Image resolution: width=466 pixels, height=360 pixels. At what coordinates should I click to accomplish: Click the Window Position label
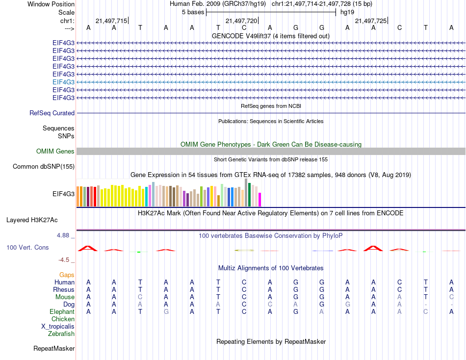51,4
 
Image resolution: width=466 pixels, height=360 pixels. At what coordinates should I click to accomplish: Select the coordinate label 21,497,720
241,21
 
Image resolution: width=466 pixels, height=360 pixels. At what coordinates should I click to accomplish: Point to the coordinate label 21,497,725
370,21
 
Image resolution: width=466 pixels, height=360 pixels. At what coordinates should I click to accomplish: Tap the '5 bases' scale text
193,12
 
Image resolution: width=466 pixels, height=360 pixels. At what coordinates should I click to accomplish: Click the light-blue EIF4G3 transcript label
63,82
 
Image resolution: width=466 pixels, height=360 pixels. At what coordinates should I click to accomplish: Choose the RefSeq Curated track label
52,113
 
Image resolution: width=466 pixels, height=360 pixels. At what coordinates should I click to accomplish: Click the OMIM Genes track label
55,152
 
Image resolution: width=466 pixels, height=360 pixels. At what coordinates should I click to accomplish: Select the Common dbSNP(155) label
44,167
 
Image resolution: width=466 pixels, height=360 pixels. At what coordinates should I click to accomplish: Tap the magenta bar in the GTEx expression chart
260,200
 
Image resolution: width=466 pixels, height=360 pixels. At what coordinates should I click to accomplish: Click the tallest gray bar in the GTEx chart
246,192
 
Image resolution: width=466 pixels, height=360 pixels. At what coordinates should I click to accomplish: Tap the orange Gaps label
67,275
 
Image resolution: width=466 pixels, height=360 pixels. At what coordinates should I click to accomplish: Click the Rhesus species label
63,290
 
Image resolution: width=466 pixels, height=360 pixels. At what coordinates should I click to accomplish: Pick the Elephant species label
62,312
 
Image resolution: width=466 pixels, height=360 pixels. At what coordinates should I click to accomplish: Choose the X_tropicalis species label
58,327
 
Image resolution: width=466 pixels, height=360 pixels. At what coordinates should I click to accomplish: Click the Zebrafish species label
61,334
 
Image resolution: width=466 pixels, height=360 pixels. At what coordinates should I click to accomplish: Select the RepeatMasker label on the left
54,349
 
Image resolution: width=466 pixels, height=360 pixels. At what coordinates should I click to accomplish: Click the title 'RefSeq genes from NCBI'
271,106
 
